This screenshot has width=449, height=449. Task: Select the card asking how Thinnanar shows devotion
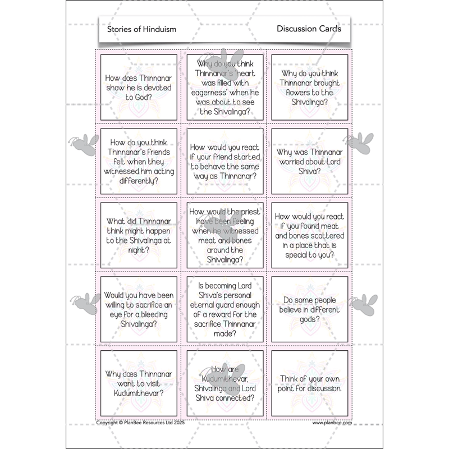coord(139,89)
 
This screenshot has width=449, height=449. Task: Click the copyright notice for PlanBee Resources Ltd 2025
coord(148,423)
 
